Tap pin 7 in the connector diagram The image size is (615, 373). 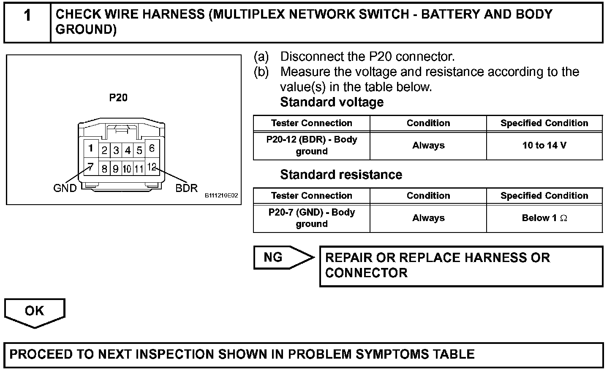click(90, 167)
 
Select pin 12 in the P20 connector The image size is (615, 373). click(152, 167)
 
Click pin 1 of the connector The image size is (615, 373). click(90, 149)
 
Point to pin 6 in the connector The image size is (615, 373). click(152, 149)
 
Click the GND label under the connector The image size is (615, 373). click(65, 188)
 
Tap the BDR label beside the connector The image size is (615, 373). click(186, 188)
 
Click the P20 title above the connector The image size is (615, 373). click(118, 97)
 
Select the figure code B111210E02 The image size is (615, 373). click(221, 196)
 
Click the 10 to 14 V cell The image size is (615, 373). click(544, 146)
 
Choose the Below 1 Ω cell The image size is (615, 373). click(544, 218)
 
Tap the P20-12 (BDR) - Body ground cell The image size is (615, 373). click(312, 146)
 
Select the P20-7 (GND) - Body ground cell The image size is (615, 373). click(312, 218)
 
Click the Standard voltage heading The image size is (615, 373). click(332, 102)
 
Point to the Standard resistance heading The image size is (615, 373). click(341, 175)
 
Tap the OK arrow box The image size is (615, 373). click(35, 311)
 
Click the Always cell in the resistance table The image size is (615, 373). click(428, 218)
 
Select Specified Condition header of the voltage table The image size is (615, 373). click(544, 123)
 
